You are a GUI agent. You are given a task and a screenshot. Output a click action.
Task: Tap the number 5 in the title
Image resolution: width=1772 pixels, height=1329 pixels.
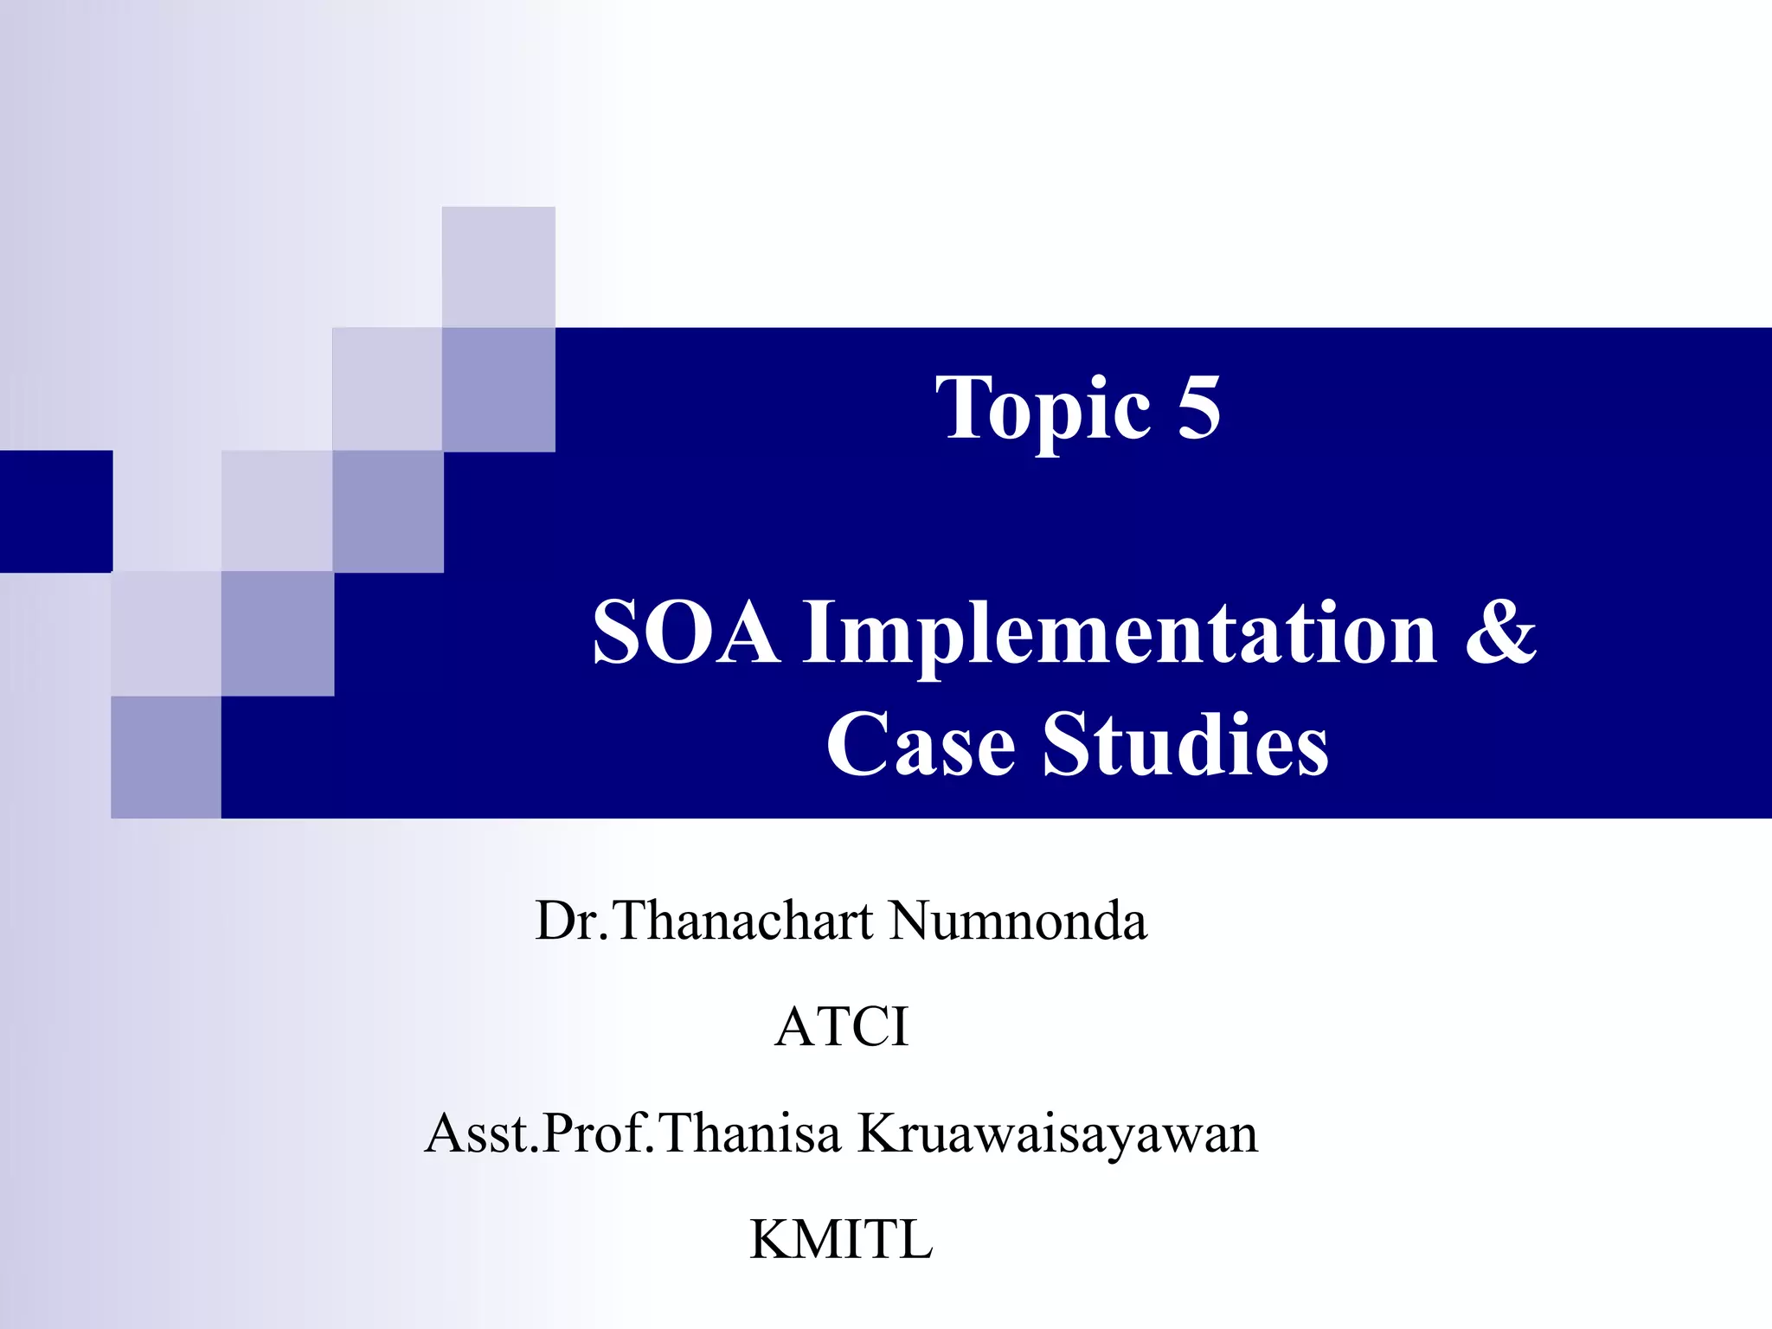tap(1198, 407)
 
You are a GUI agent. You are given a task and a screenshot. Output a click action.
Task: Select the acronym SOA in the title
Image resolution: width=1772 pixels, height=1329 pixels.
tap(685, 633)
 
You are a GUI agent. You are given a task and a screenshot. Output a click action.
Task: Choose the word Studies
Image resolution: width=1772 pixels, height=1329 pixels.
tap(1185, 744)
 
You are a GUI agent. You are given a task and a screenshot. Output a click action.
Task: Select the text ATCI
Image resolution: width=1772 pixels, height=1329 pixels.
tap(842, 1027)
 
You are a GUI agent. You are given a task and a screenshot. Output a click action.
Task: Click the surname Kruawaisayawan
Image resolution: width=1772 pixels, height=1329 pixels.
tap(1057, 1134)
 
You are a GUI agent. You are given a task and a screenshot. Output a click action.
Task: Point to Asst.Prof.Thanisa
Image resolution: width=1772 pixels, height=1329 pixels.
tap(632, 1133)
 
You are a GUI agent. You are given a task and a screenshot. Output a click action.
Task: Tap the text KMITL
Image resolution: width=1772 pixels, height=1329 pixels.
tap(841, 1239)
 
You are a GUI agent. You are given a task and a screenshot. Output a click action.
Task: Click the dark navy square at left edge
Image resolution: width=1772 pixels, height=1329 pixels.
tap(55, 510)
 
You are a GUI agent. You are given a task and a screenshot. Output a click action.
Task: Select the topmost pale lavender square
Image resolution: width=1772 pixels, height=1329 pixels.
tap(498, 266)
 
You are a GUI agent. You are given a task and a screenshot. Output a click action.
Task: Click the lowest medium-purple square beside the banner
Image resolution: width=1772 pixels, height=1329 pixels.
tap(166, 757)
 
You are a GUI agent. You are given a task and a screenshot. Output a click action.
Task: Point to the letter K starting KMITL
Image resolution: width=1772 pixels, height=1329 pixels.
tap(769, 1239)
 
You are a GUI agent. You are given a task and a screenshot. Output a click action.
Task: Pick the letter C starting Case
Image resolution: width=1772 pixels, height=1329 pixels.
tap(854, 744)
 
